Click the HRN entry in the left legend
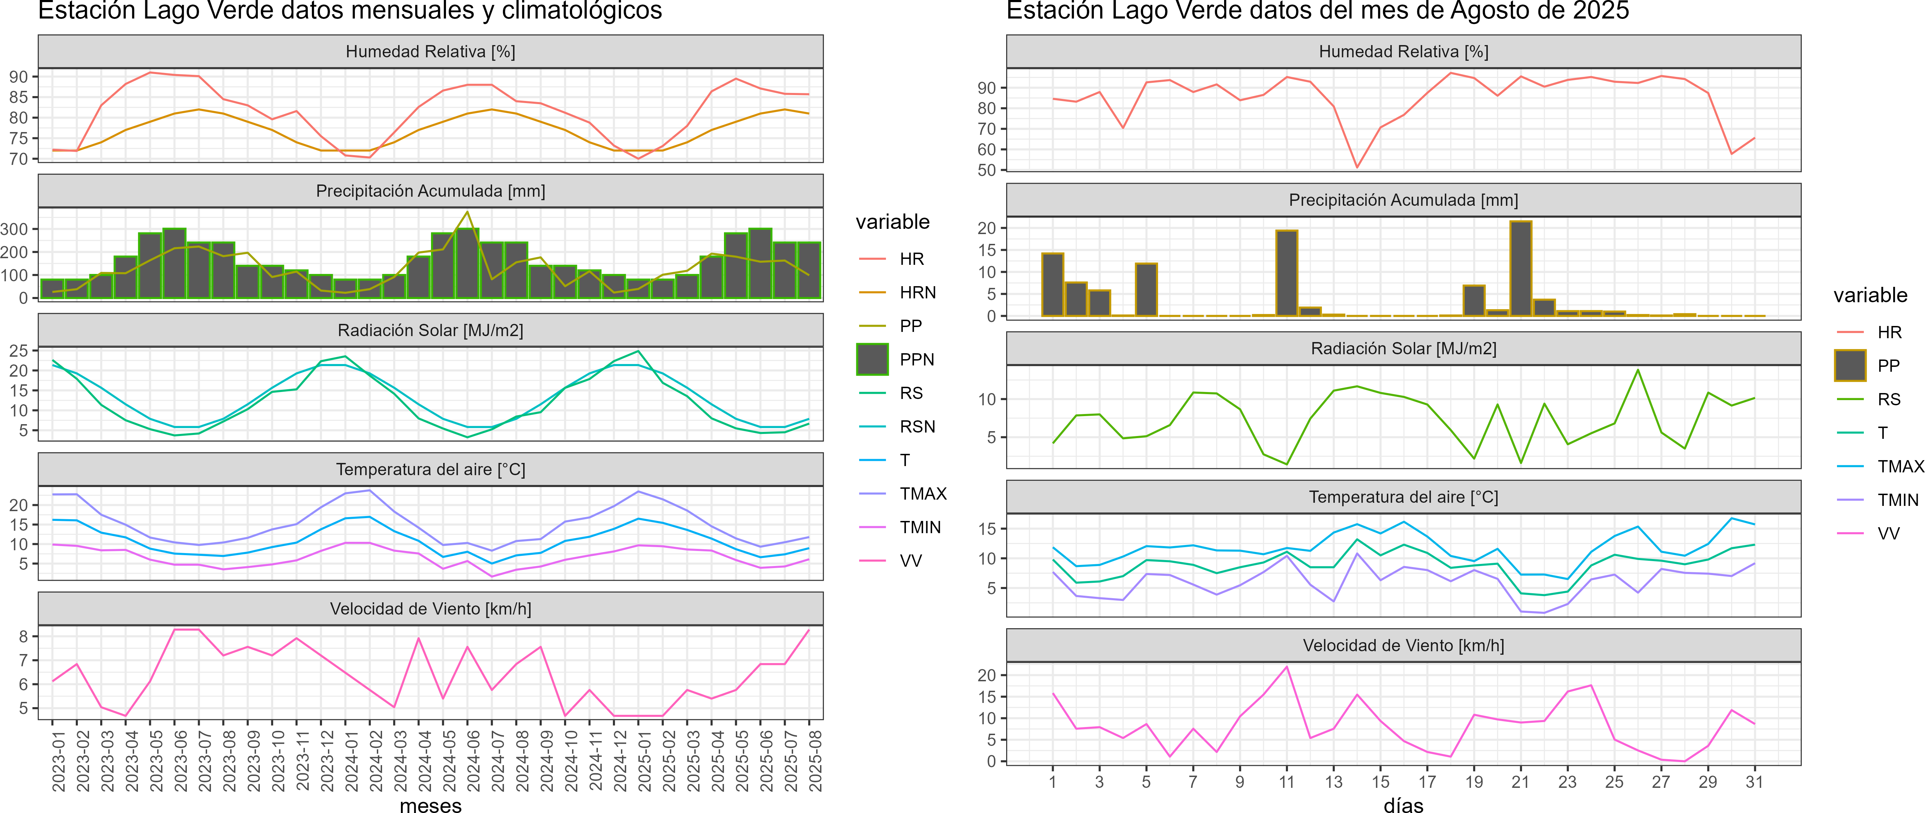[x=917, y=292]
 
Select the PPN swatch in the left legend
[x=872, y=360]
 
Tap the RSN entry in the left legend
[x=917, y=427]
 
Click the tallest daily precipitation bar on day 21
[x=1520, y=269]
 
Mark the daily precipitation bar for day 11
[x=1286, y=274]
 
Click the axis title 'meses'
[x=430, y=805]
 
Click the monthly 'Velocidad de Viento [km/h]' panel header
[x=430, y=609]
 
